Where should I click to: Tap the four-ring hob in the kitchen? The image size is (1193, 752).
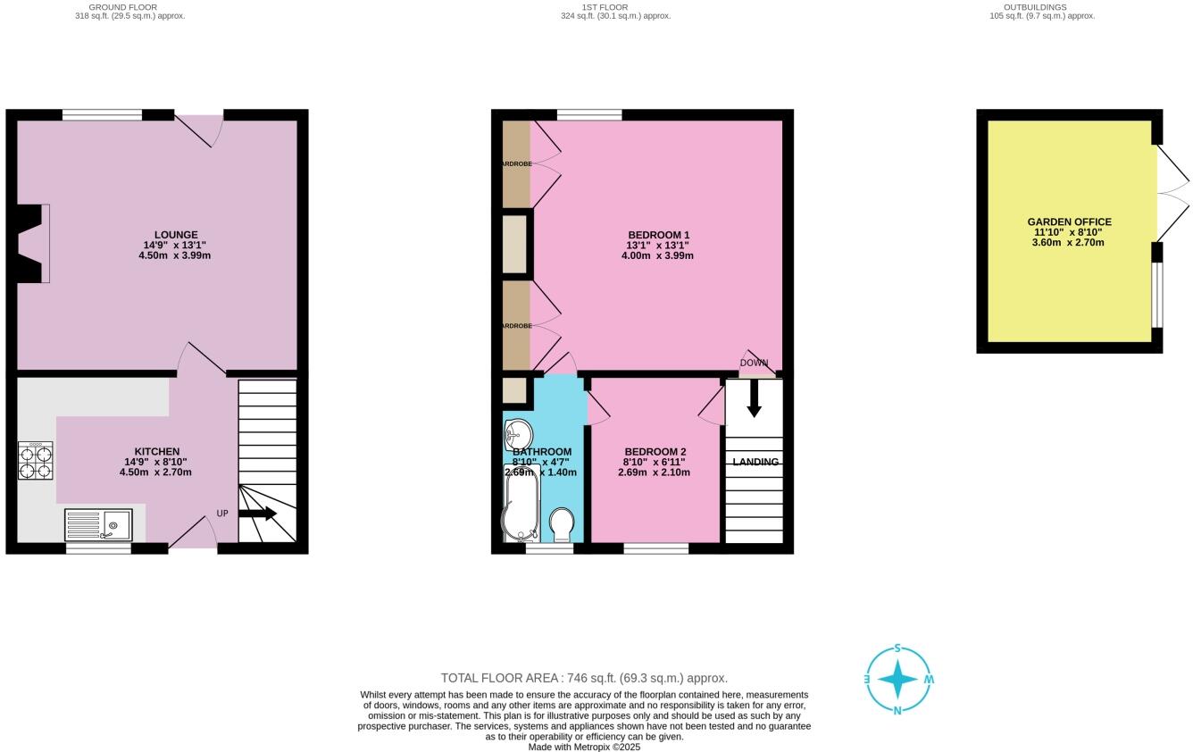pyautogui.click(x=35, y=461)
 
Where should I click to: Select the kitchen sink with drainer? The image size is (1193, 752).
pyautogui.click(x=98, y=524)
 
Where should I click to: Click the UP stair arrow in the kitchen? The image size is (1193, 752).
pyautogui.click(x=257, y=514)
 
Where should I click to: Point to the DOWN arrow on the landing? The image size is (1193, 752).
pyautogui.click(x=754, y=398)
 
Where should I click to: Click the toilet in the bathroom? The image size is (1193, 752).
pyautogui.click(x=562, y=524)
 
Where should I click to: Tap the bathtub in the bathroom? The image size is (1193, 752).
pyautogui.click(x=520, y=505)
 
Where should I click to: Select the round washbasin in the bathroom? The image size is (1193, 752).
pyautogui.click(x=517, y=435)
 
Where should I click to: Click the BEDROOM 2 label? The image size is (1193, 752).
pyautogui.click(x=655, y=452)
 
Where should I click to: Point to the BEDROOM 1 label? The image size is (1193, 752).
pyautogui.click(x=658, y=235)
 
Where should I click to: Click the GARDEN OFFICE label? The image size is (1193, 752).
pyautogui.click(x=1069, y=221)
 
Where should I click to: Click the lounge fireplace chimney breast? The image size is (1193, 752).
pyautogui.click(x=31, y=244)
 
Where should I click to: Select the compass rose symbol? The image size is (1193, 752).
pyautogui.click(x=897, y=681)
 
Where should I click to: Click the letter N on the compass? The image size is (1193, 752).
pyautogui.click(x=897, y=711)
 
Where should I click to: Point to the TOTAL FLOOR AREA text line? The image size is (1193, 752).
pyautogui.click(x=584, y=678)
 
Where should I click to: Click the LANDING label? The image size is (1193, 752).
pyautogui.click(x=755, y=462)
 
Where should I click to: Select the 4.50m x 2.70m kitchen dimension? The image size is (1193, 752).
pyautogui.click(x=155, y=472)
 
